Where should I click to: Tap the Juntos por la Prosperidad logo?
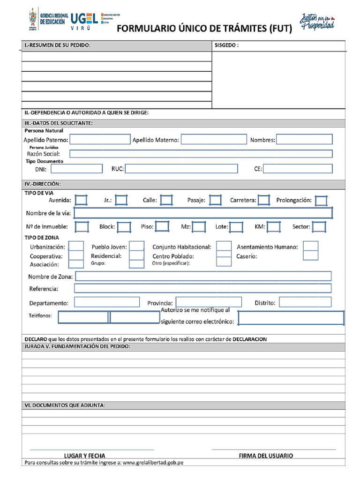(317, 20)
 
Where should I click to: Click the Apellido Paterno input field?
(100, 139)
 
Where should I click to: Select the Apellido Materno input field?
(213, 139)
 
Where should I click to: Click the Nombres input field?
(304, 139)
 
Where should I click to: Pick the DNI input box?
(76, 169)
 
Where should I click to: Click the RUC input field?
(181, 169)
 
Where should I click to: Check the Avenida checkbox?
(81, 200)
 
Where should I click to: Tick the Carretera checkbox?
(264, 200)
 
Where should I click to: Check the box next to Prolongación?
(321, 201)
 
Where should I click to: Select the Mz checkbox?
(199, 227)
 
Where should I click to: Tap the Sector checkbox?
(319, 227)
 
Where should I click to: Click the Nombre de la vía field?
(203, 213)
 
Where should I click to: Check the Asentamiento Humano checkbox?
(310, 246)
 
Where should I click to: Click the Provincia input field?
(209, 302)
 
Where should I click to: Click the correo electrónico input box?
(291, 318)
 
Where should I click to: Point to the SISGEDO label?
(226, 45)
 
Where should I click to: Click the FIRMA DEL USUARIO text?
(266, 456)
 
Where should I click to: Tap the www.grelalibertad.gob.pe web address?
(153, 463)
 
